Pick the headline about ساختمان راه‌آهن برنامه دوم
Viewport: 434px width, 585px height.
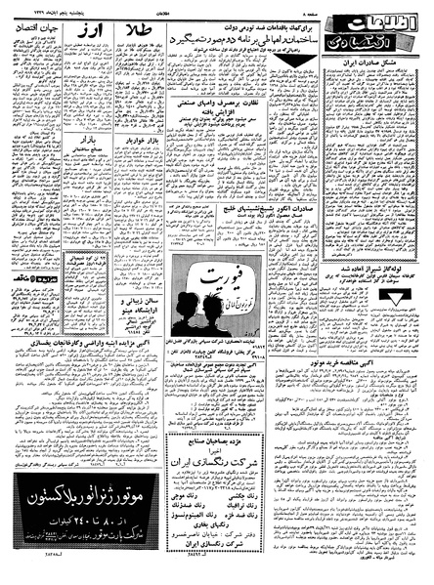tap(234, 44)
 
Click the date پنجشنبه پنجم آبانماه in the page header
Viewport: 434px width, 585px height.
tap(43, 8)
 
